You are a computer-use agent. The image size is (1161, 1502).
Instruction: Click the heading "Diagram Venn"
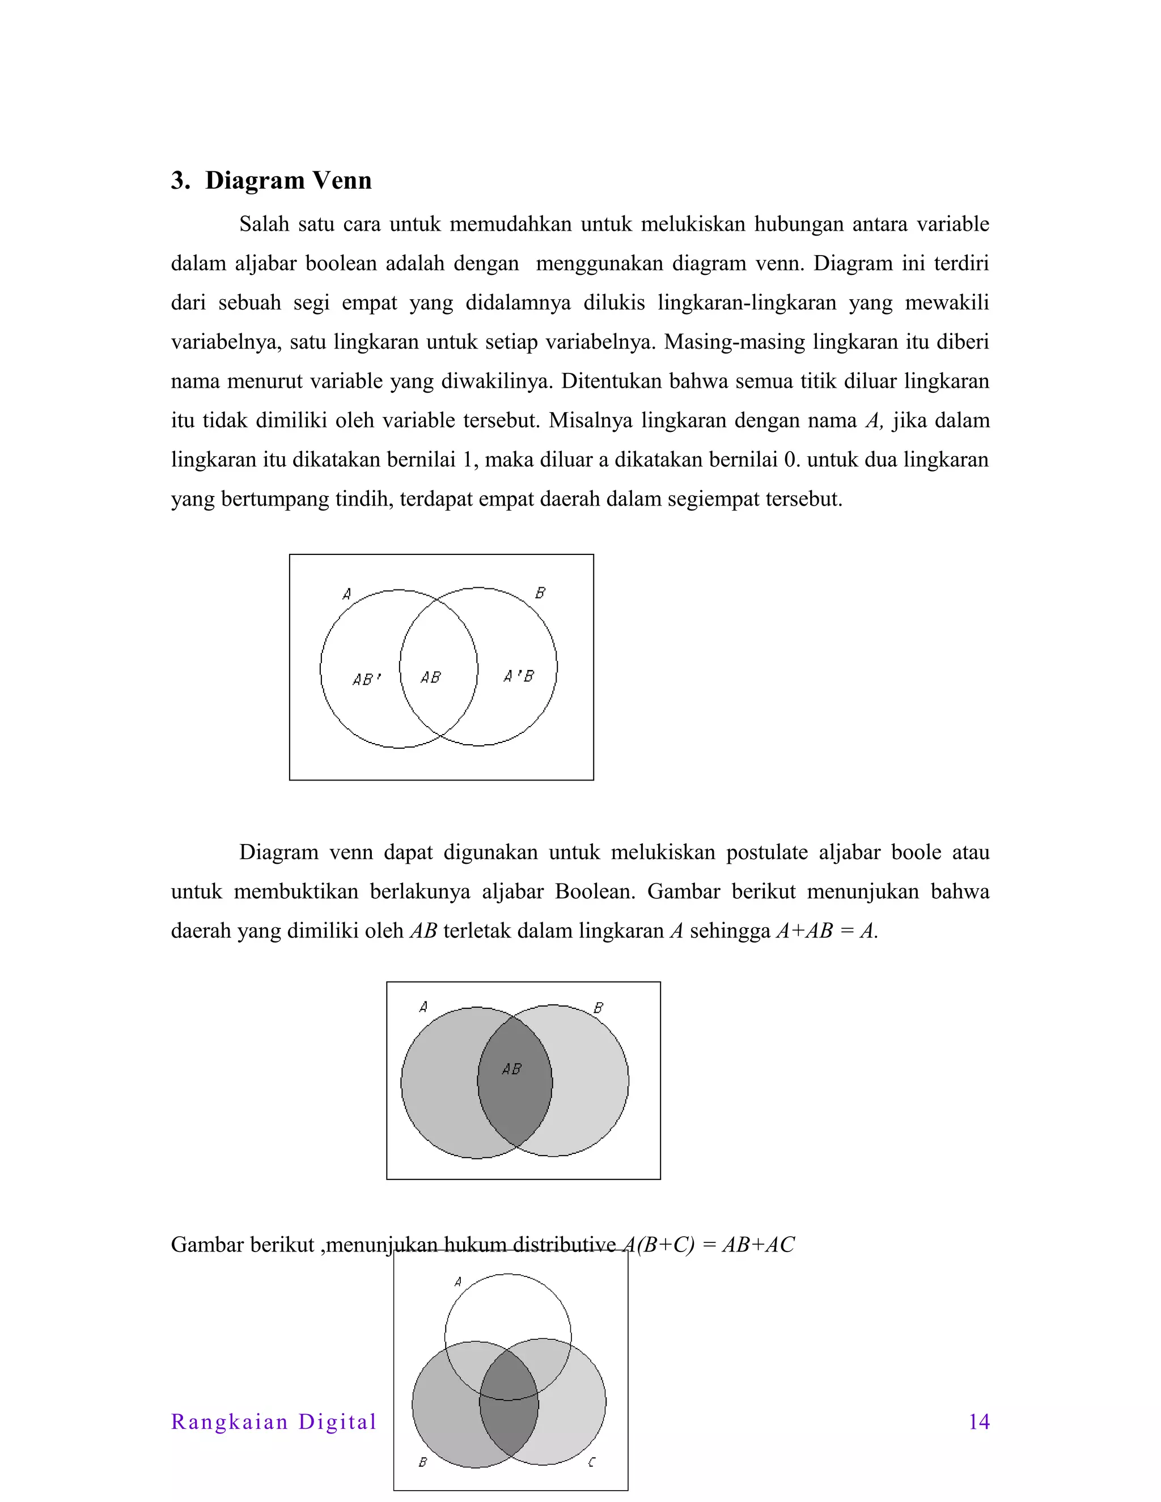(x=287, y=180)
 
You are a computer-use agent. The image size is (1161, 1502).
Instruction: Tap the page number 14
(x=978, y=1422)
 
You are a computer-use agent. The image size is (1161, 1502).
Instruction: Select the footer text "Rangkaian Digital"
(x=274, y=1422)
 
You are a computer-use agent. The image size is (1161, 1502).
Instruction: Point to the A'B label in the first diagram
(x=519, y=677)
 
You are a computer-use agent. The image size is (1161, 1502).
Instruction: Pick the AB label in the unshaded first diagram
(x=431, y=678)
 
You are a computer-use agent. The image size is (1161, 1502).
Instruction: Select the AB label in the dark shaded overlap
(x=512, y=1070)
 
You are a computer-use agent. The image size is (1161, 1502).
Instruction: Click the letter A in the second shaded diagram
(x=423, y=1008)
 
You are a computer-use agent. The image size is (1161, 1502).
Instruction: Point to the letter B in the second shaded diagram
(x=599, y=1008)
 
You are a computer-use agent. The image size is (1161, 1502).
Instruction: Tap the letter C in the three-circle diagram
(x=591, y=1463)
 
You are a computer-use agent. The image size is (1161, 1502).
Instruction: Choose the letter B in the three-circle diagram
(x=423, y=1462)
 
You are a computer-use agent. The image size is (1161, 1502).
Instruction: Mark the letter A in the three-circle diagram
(x=458, y=1282)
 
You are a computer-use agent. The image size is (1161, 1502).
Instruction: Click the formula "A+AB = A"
(x=825, y=931)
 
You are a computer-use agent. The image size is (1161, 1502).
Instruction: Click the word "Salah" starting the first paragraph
(x=264, y=224)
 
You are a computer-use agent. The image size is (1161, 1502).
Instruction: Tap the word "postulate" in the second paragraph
(x=768, y=853)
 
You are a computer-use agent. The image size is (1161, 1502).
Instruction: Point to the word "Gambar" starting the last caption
(x=207, y=1245)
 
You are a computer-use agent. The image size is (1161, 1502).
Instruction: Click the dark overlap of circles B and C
(x=509, y=1417)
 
